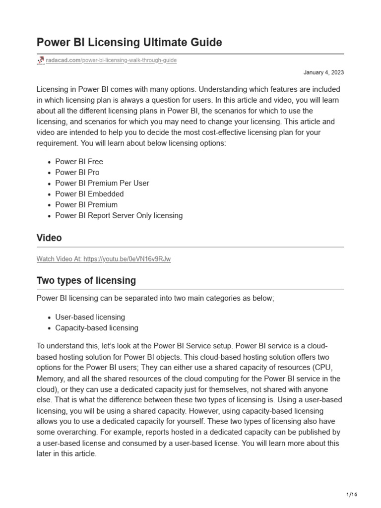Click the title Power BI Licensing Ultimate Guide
point(129,43)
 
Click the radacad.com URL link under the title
point(111,61)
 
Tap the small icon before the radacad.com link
point(41,61)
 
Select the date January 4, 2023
point(323,72)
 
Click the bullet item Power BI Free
point(79,162)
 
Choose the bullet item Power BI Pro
point(77,173)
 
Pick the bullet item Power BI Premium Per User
point(102,184)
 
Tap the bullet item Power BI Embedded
point(89,194)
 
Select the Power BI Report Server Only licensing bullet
point(119,216)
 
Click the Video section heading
point(49,238)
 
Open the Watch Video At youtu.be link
point(104,259)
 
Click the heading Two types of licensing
point(86,281)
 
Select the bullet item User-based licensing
point(90,317)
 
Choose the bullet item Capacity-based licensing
point(96,328)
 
